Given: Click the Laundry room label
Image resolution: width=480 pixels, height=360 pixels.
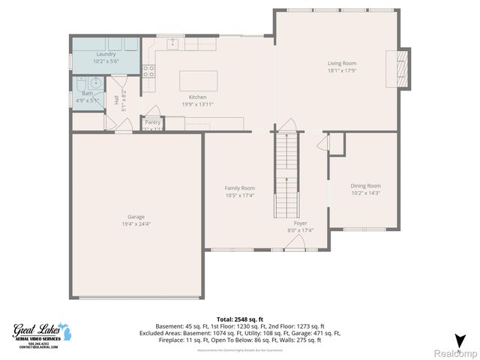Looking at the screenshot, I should pyautogui.click(x=105, y=54).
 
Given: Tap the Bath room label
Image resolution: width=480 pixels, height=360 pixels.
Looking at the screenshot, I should pyautogui.click(x=88, y=94).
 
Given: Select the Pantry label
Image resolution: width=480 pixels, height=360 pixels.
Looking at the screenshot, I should pyautogui.click(x=153, y=121).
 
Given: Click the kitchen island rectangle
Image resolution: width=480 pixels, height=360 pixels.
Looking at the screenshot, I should pyautogui.click(x=197, y=80).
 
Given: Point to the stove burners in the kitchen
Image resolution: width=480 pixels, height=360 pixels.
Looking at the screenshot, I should pyautogui.click(x=149, y=73).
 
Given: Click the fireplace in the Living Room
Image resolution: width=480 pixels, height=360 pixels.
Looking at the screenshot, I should pyautogui.click(x=403, y=69).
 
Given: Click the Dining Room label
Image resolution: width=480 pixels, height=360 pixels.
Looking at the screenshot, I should pyautogui.click(x=365, y=185).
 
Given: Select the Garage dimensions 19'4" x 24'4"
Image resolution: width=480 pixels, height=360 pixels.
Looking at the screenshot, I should pyautogui.click(x=136, y=223).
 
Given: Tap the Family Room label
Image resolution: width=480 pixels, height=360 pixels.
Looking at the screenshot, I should pyautogui.click(x=240, y=187).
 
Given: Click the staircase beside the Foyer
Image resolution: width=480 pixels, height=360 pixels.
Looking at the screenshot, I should pyautogui.click(x=286, y=172).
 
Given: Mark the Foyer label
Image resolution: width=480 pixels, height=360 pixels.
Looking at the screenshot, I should pyautogui.click(x=301, y=223).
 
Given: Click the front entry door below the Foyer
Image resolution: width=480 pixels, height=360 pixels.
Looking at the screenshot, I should pyautogui.click(x=298, y=242).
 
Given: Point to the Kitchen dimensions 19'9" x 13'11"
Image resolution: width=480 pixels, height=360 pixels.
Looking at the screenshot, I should pyautogui.click(x=198, y=104).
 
